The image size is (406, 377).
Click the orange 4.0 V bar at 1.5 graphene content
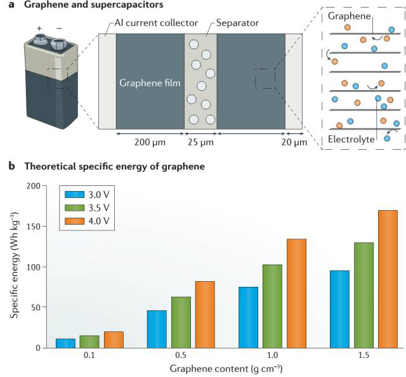pyautogui.click(x=388, y=279)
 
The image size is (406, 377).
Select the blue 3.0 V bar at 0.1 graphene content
pyautogui.click(x=65, y=343)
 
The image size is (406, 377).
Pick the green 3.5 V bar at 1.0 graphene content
pyautogui.click(x=272, y=307)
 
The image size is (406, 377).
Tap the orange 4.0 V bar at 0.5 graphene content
pyautogui.click(x=205, y=315)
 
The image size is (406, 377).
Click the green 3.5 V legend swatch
pyautogui.click(x=75, y=208)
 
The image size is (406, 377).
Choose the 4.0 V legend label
pyautogui.click(x=99, y=221)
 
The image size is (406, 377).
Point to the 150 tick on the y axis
pyautogui.click(x=34, y=226)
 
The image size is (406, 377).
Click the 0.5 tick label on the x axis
pyautogui.click(x=181, y=355)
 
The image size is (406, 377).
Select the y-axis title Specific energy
pyautogui.click(x=14, y=265)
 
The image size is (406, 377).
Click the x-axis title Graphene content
pyautogui.click(x=226, y=369)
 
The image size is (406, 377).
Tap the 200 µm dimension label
pyautogui.click(x=150, y=142)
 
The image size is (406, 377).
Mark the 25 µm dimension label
pyautogui.click(x=200, y=142)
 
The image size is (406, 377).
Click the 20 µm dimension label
pyautogui.click(x=294, y=142)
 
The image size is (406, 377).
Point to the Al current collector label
pyautogui.click(x=156, y=23)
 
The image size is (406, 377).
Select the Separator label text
pyautogui.click(x=237, y=23)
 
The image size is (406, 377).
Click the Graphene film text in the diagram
pyautogui.click(x=150, y=83)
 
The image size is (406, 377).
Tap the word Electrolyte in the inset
pyautogui.click(x=351, y=140)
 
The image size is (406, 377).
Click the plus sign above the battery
pyautogui.click(x=39, y=28)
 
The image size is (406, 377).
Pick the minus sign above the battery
pyautogui.click(x=59, y=28)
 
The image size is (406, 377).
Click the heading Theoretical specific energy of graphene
pyautogui.click(x=114, y=166)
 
